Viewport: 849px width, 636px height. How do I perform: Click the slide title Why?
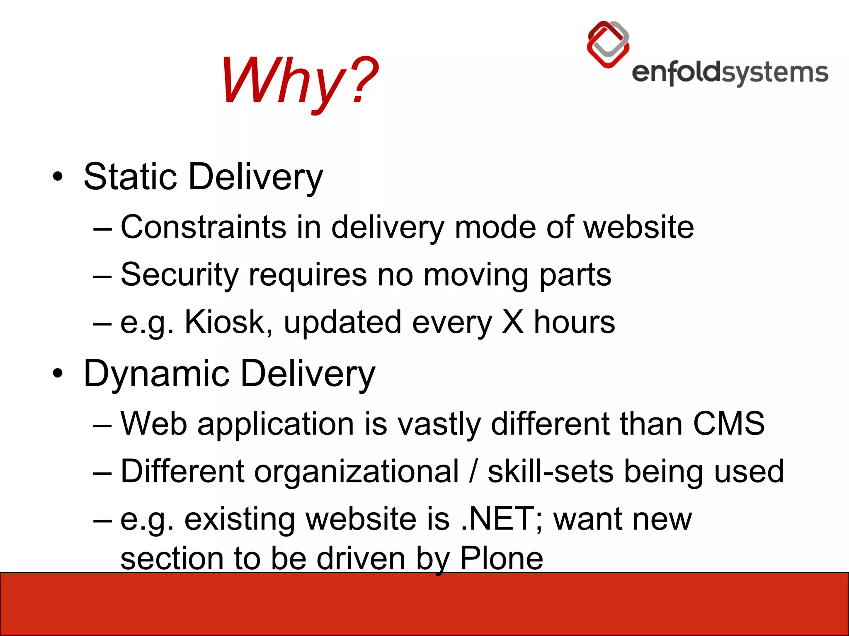(x=299, y=81)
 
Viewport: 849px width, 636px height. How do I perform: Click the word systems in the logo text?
(x=775, y=74)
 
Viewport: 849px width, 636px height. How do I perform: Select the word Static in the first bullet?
(x=130, y=177)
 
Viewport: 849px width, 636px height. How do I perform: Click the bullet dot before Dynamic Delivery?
(x=58, y=374)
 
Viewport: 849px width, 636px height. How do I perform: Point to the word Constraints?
(x=203, y=227)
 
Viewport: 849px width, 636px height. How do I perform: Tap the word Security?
(x=180, y=275)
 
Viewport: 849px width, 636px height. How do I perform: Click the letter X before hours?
(x=512, y=322)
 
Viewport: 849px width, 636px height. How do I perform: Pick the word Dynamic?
(x=156, y=374)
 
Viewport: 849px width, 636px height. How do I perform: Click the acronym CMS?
(x=728, y=424)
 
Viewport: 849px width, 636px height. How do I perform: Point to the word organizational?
(x=357, y=472)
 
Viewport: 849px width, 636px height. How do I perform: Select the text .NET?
(x=497, y=519)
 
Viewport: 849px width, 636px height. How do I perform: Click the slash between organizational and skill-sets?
(x=473, y=472)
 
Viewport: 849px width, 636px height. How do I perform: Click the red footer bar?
(x=424, y=605)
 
